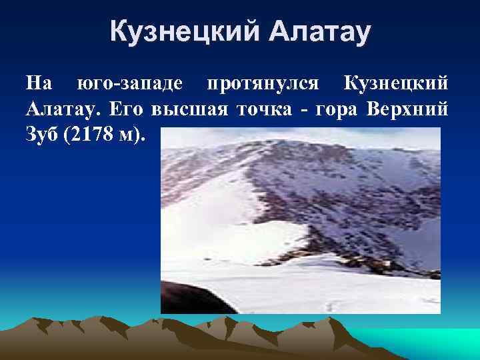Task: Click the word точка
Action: tap(257, 109)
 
